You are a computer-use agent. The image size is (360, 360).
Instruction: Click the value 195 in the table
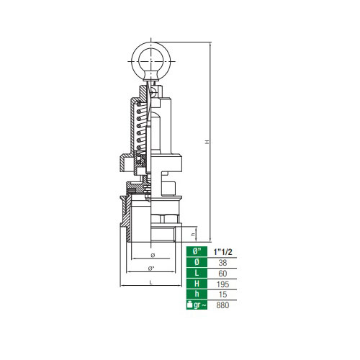222,284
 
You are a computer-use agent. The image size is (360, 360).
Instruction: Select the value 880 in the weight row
222,305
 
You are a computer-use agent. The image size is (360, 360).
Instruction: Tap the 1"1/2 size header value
222,252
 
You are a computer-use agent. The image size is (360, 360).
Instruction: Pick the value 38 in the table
222,263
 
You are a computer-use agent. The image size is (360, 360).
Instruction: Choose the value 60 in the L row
222,274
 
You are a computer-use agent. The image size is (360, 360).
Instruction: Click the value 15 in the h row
222,294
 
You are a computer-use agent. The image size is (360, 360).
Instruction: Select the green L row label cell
197,274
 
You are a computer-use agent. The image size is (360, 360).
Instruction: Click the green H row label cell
197,284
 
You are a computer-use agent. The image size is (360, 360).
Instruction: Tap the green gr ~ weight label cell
197,305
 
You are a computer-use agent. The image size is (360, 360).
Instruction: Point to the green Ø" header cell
197,252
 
